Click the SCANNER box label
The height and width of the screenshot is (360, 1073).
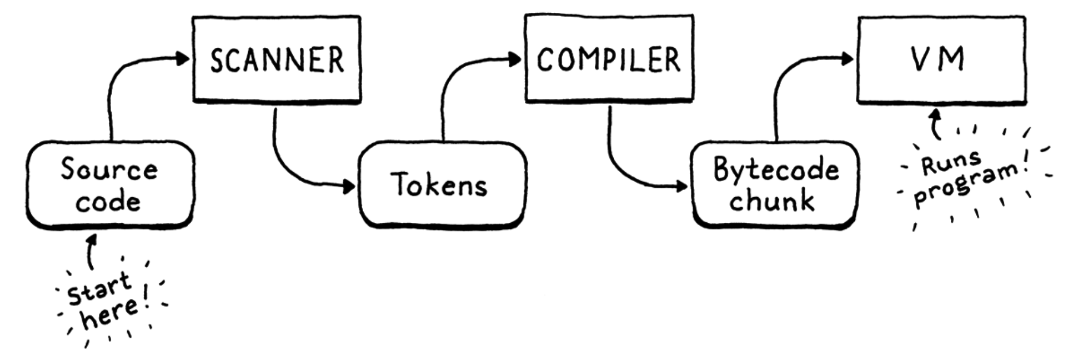pos(277,60)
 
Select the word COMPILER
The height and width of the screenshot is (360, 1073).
pos(608,60)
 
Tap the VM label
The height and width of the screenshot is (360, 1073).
pos(938,59)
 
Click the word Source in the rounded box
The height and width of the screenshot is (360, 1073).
pos(109,169)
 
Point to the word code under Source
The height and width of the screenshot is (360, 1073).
pos(108,202)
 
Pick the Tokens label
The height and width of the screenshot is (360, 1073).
pos(439,185)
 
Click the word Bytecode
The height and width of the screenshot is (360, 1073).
pos(776,169)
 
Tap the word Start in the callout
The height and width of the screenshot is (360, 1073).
pos(99,289)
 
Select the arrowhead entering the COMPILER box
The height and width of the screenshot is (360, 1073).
pos(516,59)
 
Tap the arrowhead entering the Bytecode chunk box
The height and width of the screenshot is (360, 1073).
pos(683,186)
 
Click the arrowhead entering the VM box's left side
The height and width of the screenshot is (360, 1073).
pos(848,58)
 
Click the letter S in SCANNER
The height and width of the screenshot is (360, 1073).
pos(217,61)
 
